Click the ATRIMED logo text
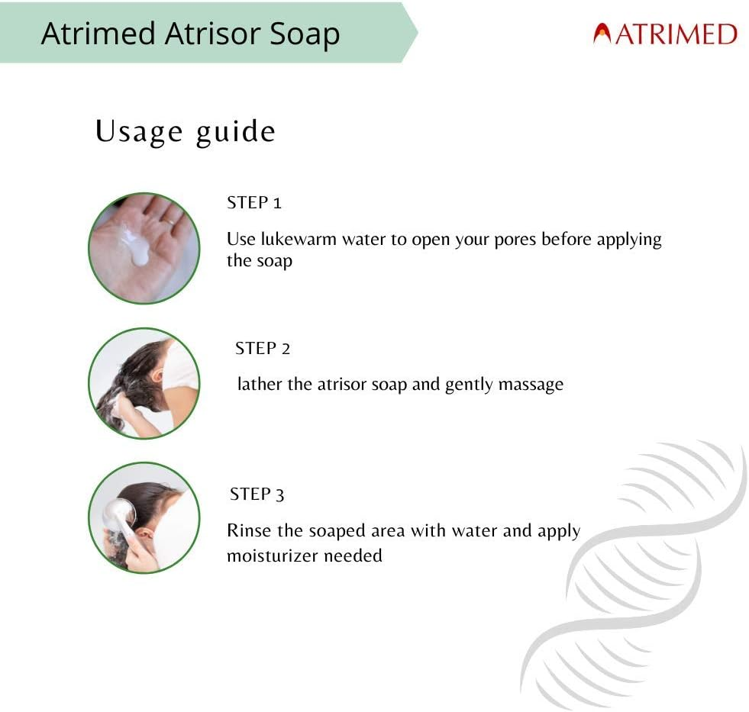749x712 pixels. click(675, 34)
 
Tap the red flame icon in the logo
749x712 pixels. click(602, 34)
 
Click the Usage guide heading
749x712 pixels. click(185, 131)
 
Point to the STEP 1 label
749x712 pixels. click(254, 203)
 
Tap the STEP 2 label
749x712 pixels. click(263, 349)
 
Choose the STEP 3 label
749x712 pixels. click(257, 495)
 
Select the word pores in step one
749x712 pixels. click(515, 239)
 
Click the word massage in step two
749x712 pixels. click(531, 385)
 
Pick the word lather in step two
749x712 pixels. click(260, 385)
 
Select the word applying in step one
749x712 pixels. click(629, 239)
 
